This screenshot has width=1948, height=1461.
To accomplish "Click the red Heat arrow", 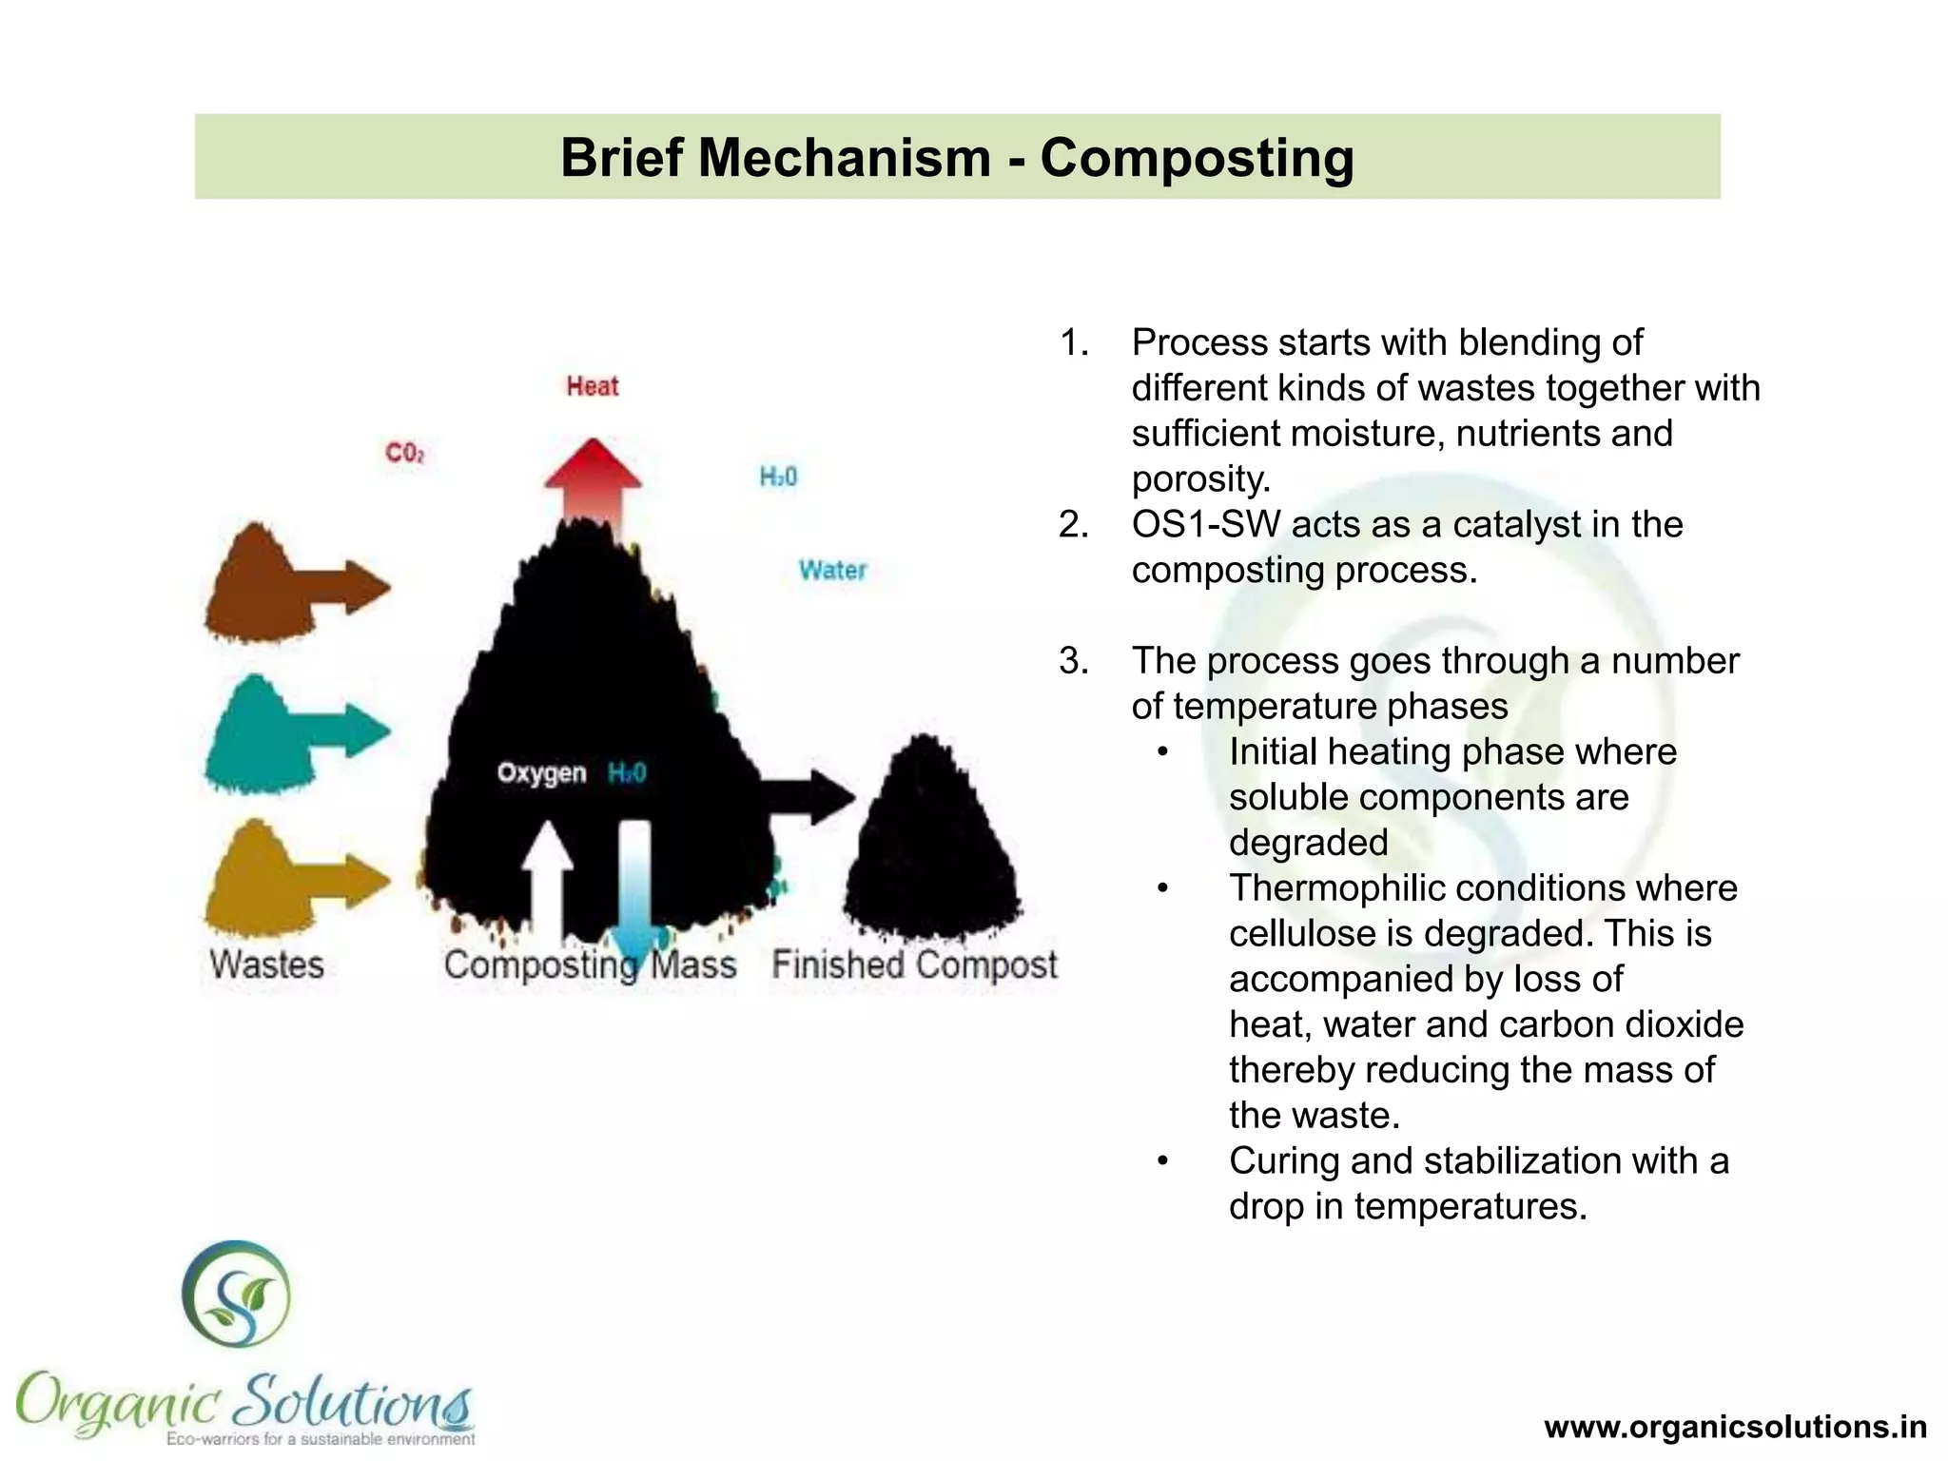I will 593,480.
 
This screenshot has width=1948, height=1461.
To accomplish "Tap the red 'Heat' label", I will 592,386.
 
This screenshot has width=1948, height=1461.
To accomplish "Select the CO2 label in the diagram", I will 404,453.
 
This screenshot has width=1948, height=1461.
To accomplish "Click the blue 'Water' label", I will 832,570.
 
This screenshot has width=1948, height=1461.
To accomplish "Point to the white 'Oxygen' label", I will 541,772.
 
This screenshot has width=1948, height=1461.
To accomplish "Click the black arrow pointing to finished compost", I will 808,796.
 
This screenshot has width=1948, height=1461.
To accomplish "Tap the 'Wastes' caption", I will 267,964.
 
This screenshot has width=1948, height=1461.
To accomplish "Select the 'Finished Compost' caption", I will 914,964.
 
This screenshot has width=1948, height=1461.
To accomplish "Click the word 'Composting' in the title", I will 1197,157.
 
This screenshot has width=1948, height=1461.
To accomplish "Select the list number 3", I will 1073,660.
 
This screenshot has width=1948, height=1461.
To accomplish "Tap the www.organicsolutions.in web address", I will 1736,1427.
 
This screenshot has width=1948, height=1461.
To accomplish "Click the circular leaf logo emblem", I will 237,1294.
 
